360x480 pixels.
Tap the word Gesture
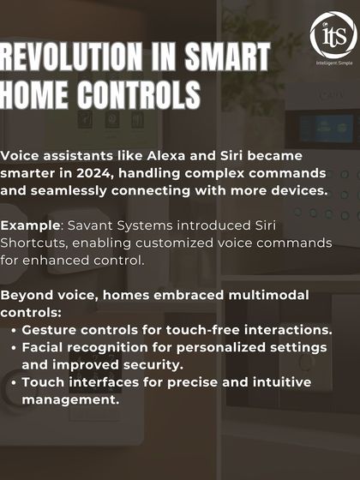pyautogui.click(x=51, y=330)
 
